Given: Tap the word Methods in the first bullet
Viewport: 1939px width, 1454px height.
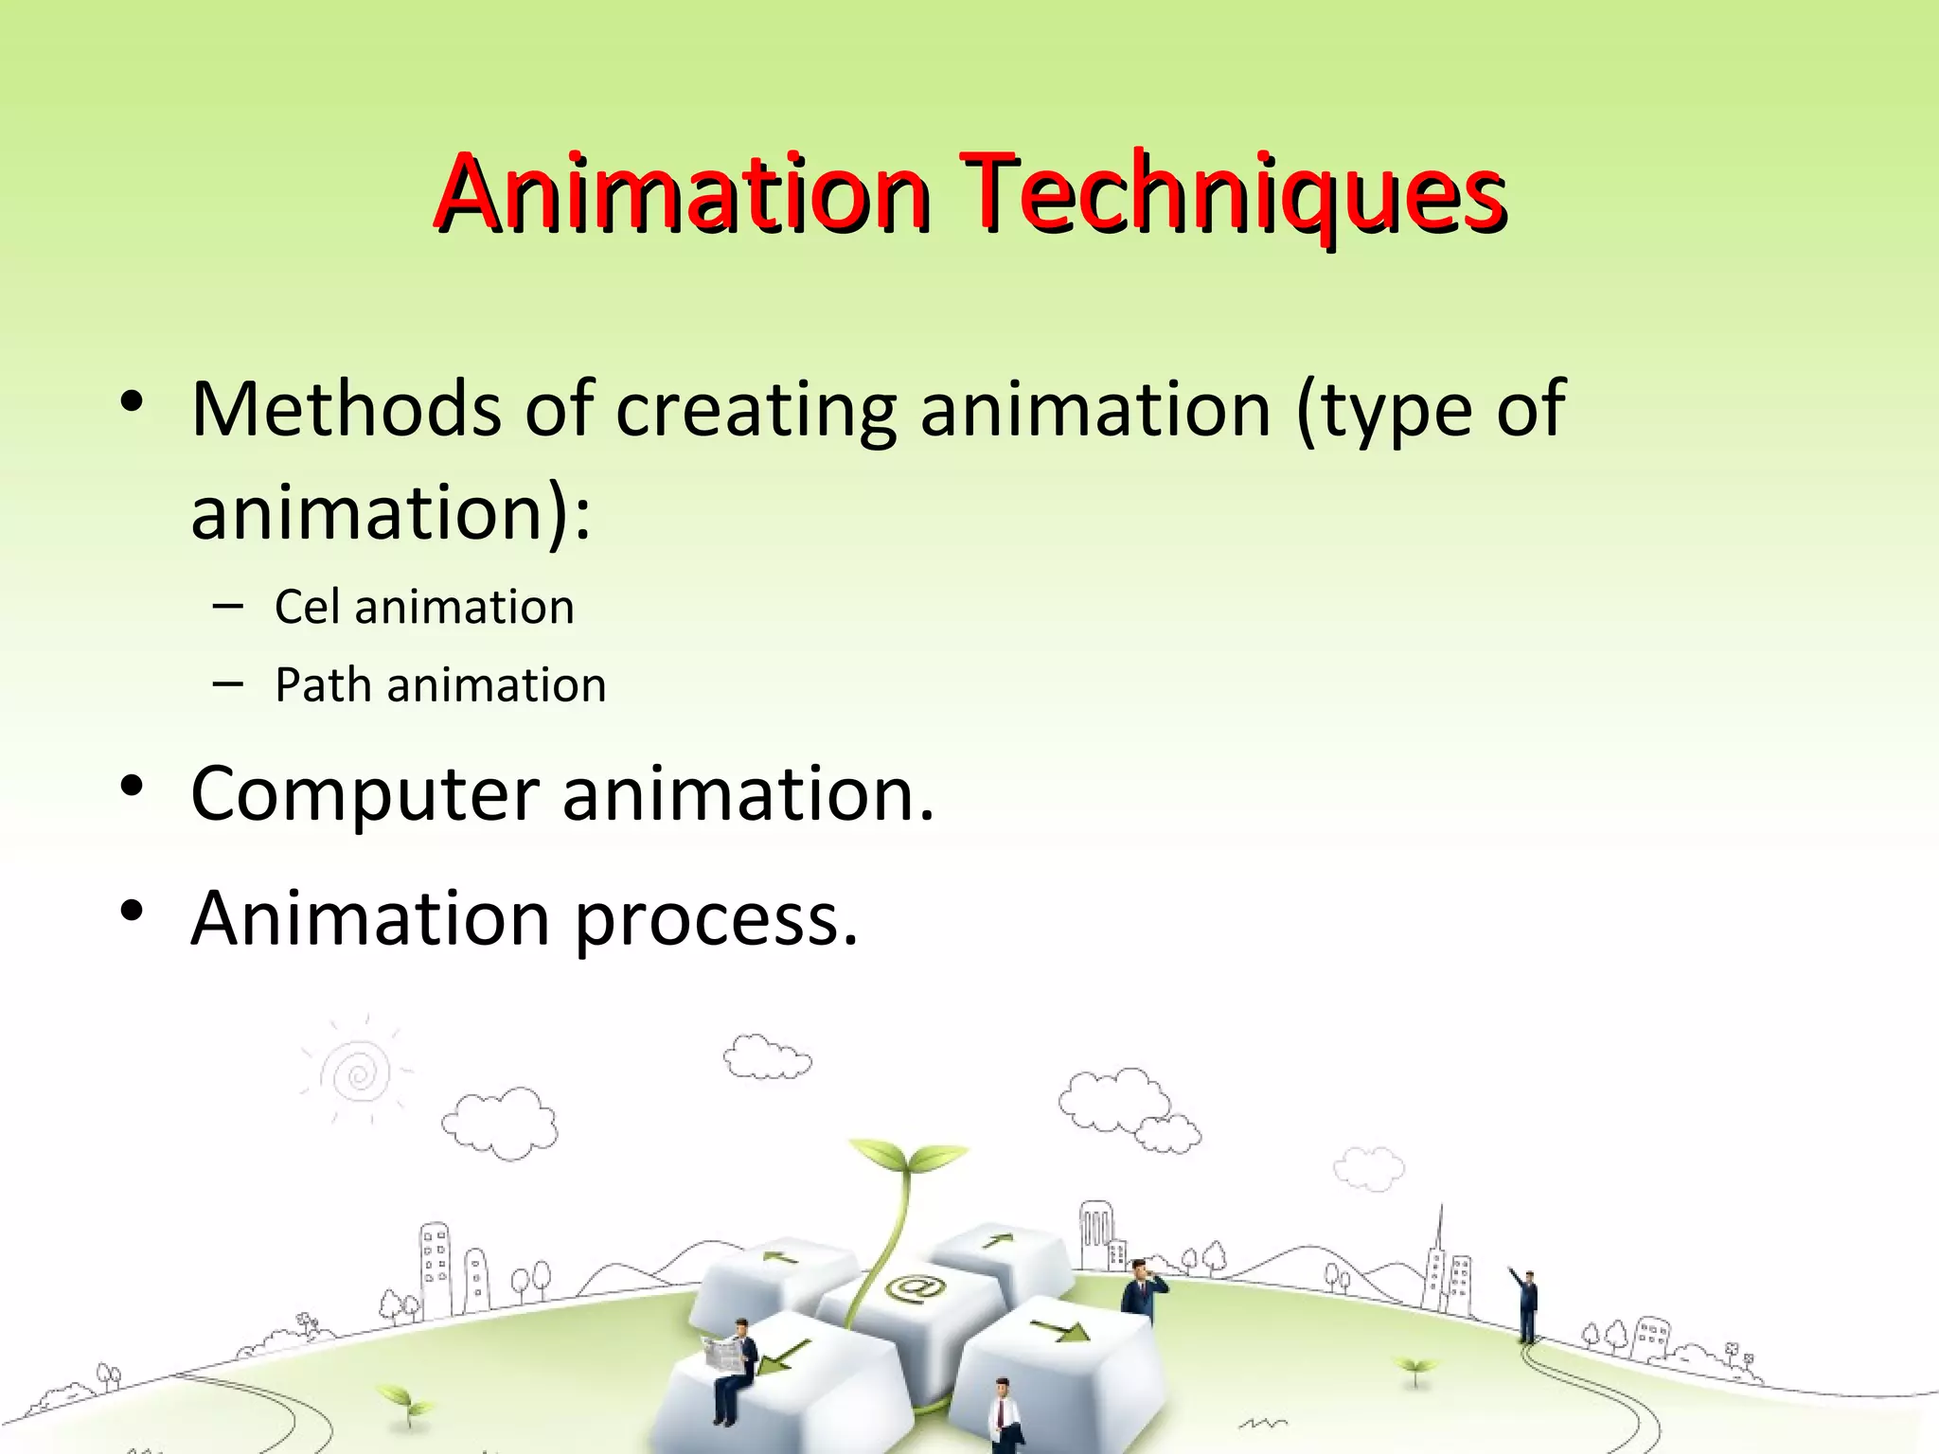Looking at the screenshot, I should [346, 409].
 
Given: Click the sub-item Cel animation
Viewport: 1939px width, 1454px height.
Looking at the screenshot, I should [424, 607].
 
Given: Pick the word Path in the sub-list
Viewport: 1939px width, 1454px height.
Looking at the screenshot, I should [321, 684].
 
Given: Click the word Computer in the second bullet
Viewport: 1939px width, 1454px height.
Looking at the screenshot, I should [365, 794].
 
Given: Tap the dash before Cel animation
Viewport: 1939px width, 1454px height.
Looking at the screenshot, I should [227, 605].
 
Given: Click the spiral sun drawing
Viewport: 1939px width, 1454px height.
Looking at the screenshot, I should [357, 1073].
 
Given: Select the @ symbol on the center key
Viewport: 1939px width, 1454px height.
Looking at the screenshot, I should [915, 1288].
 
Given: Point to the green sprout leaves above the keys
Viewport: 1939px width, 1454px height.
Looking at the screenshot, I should [907, 1159].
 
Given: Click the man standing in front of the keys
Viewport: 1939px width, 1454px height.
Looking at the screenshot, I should [1003, 1415].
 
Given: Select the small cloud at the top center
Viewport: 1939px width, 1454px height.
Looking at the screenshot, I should [767, 1057].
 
